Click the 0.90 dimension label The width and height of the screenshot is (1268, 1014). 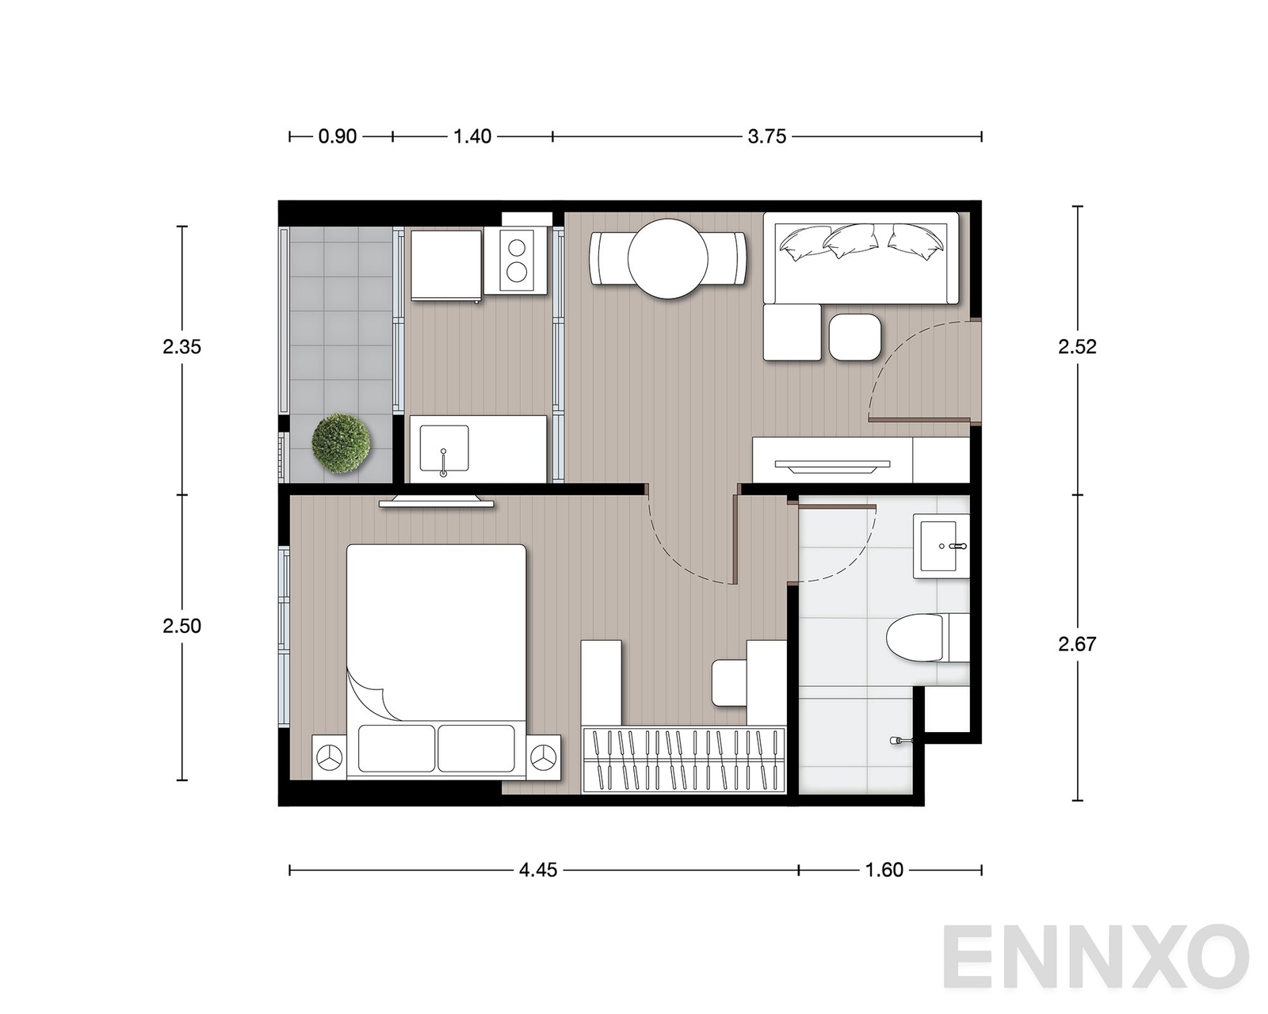click(x=337, y=137)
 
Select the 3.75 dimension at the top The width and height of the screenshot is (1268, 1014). click(x=766, y=137)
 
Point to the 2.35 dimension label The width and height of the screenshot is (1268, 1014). click(x=182, y=347)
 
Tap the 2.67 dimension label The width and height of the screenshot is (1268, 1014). click(x=1077, y=645)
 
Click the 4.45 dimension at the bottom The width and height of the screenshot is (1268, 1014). click(x=538, y=870)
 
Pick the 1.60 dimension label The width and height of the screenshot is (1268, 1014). click(x=884, y=870)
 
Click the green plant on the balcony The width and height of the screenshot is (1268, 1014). click(x=341, y=444)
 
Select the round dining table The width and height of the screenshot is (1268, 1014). click(x=667, y=259)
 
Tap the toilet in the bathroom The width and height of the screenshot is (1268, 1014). click(x=927, y=638)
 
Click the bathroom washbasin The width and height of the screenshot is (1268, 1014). click(x=941, y=546)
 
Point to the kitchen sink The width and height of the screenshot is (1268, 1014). click(x=444, y=449)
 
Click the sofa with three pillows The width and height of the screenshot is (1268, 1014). click(x=861, y=259)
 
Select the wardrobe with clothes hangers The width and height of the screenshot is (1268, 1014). click(x=683, y=760)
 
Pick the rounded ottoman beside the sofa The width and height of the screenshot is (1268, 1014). click(x=855, y=337)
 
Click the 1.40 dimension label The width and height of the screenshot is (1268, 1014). click(x=472, y=137)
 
